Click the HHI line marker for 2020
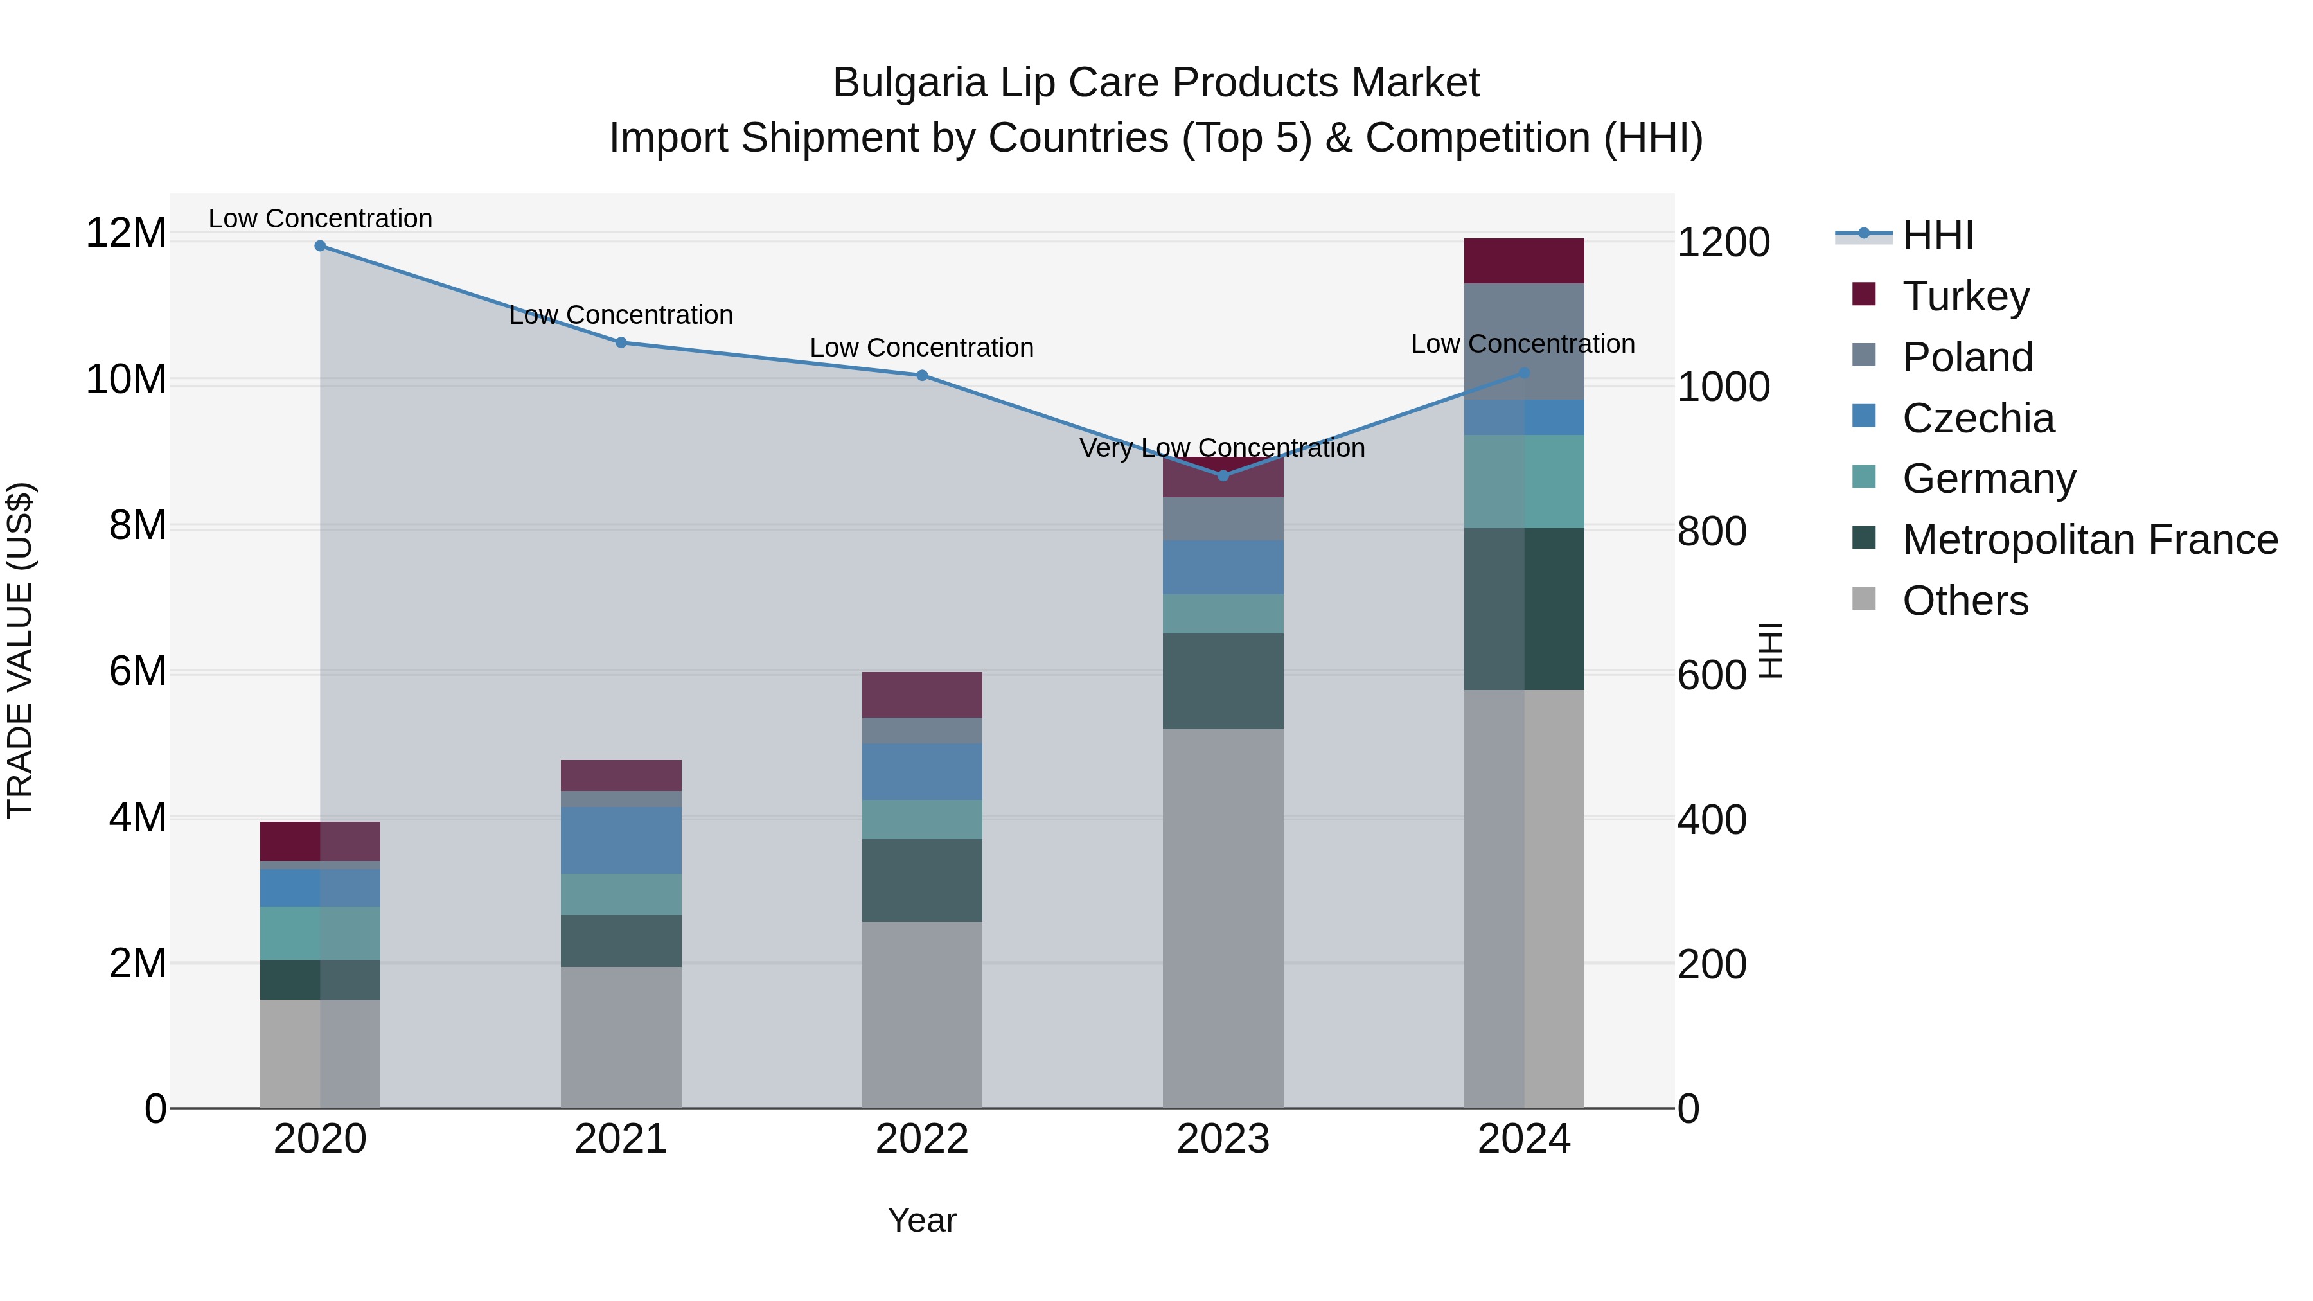(320, 245)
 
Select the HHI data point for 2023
(1223, 475)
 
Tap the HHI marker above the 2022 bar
(922, 375)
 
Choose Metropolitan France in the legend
(2089, 540)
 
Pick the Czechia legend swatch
(1863, 416)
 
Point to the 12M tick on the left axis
(126, 233)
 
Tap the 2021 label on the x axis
(621, 1139)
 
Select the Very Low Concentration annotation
(1221, 447)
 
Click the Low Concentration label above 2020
(320, 218)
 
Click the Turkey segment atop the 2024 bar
(1524, 260)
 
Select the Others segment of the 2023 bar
(1223, 916)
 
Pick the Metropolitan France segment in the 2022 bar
(922, 880)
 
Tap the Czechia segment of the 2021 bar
(621, 840)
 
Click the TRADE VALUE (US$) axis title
(20, 650)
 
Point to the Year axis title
(922, 1220)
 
